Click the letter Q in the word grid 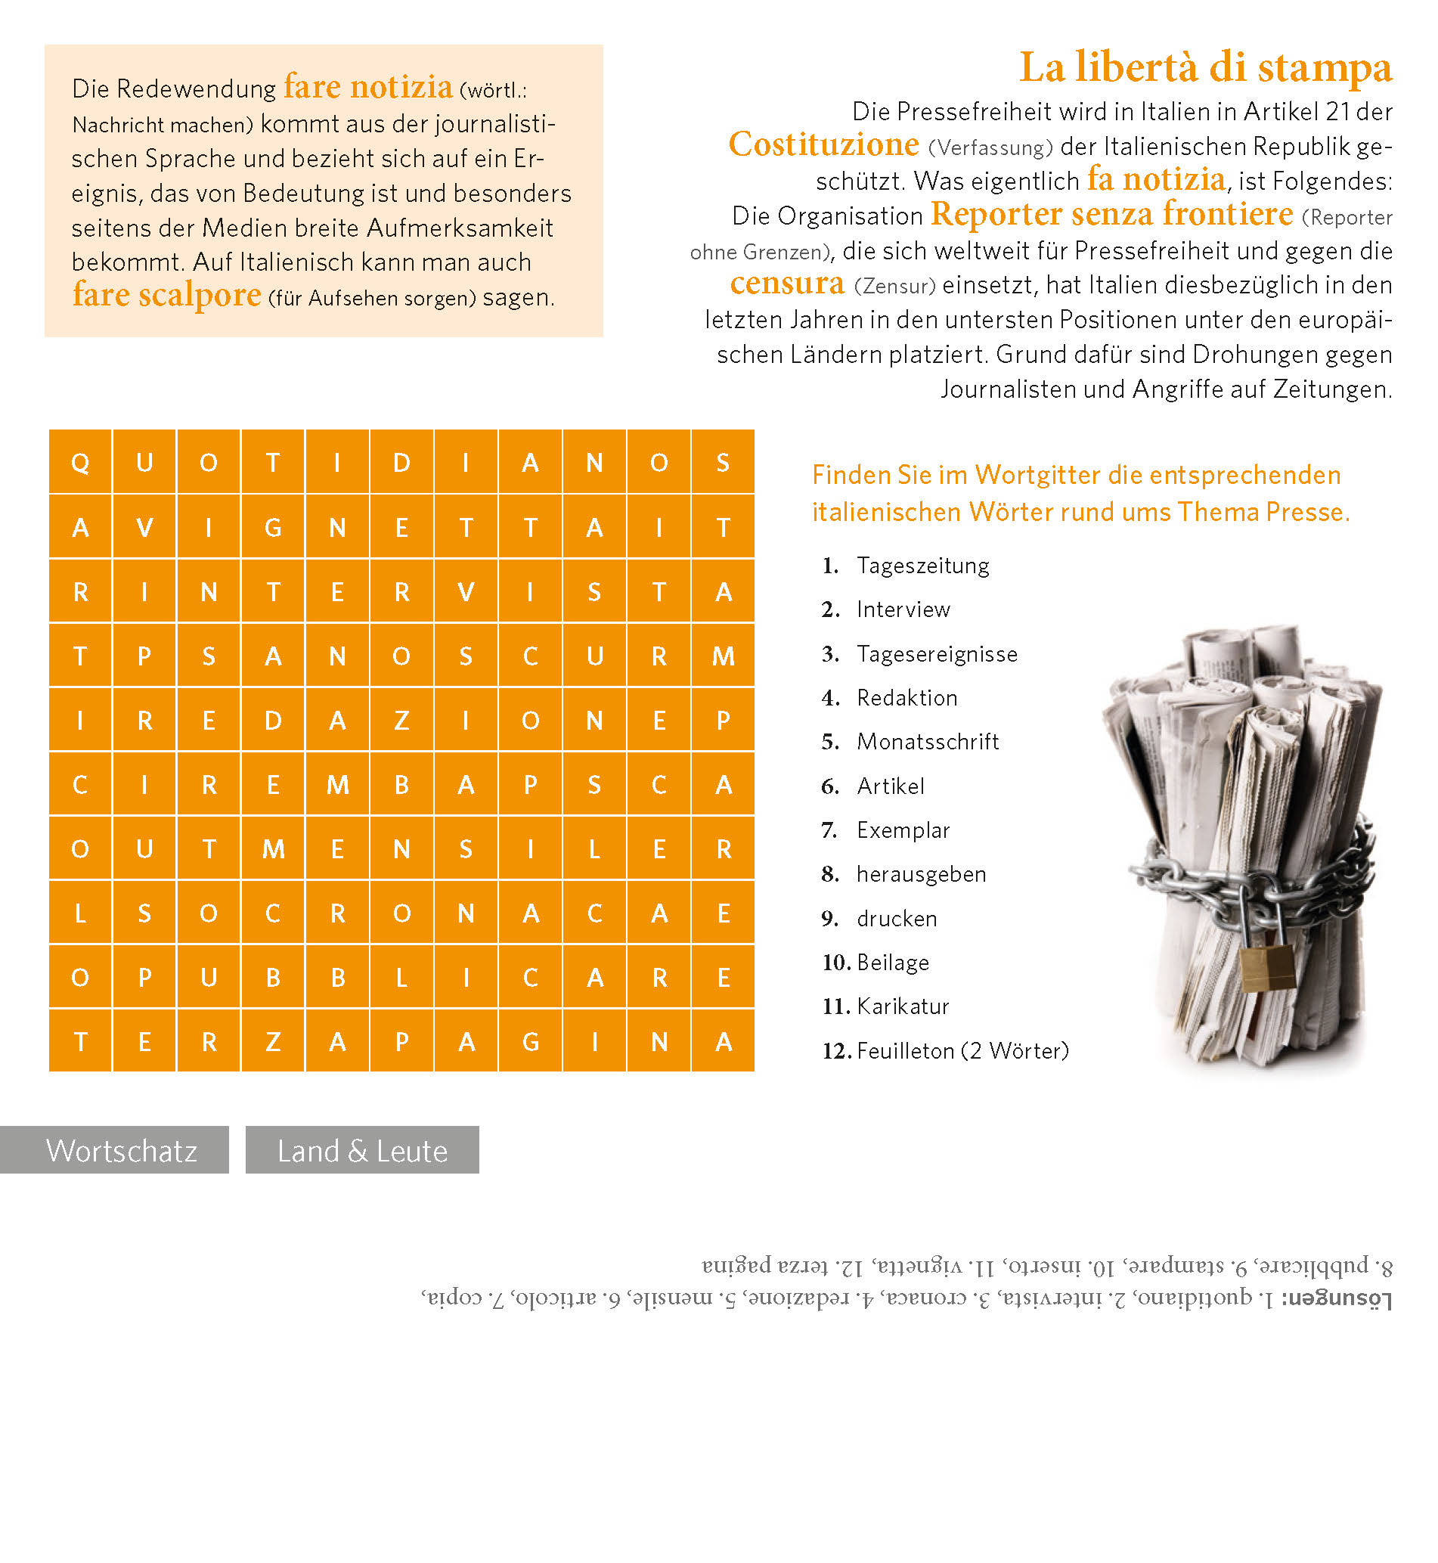click(80, 462)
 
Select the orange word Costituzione click(823, 144)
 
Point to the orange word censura click(787, 284)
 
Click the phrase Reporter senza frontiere click(1111, 214)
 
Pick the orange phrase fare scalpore click(166, 296)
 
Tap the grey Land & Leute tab click(362, 1149)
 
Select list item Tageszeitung click(923, 566)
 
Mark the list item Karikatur click(903, 1006)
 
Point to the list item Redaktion click(906, 698)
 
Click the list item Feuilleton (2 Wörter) click(962, 1051)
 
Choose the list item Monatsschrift click(928, 742)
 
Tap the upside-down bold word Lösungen click(1336, 1298)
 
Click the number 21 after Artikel click(1338, 112)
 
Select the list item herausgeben click(922, 874)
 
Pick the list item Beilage click(893, 963)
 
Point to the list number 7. click(829, 830)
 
